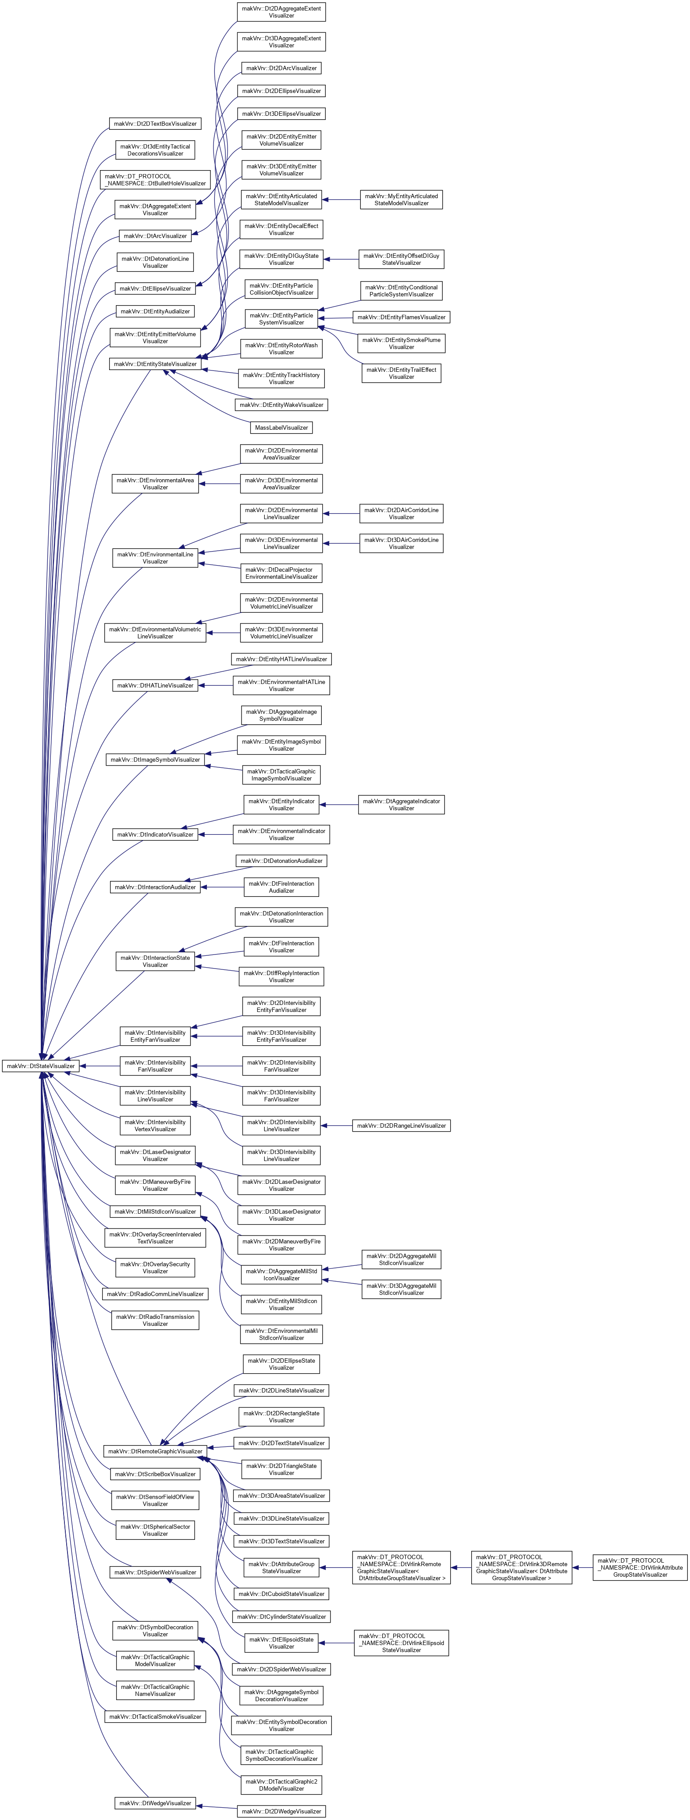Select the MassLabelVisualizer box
pos(281,427)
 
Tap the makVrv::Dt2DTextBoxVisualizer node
pos(155,124)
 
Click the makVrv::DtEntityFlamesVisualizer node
pos(401,317)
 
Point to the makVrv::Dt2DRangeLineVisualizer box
pos(401,1125)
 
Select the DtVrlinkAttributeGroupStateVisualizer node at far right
pos(640,1567)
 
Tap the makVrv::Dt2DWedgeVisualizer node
pos(281,1811)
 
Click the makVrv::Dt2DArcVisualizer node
pos(281,68)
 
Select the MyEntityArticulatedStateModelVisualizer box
pos(401,200)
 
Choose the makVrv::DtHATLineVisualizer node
pos(155,685)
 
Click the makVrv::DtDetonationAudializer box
pos(281,861)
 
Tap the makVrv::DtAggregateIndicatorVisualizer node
pos(401,805)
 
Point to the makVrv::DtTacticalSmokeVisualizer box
pos(155,1716)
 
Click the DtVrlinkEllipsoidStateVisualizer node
pos(401,1643)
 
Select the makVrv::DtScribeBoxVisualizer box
pos(155,1474)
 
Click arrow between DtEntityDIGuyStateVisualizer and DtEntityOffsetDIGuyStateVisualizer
pos(341,259)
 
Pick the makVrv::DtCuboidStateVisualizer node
pos(281,1594)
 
